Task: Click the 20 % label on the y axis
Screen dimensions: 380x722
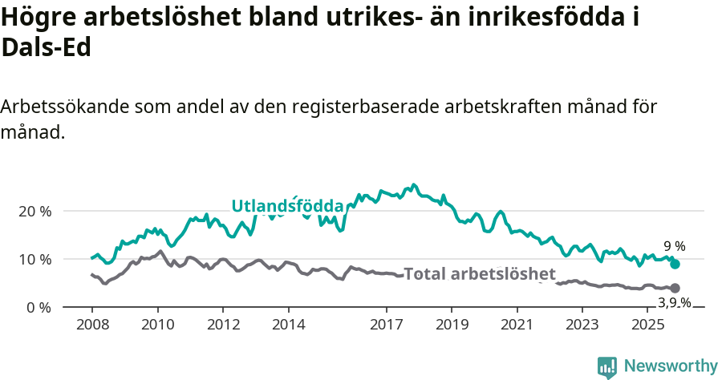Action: tap(34, 211)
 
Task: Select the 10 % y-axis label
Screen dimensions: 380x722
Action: tap(34, 259)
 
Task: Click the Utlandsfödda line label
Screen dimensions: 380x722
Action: tap(287, 206)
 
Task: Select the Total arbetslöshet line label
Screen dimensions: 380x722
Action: tap(480, 274)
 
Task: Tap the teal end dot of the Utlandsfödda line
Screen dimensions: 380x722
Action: tap(675, 264)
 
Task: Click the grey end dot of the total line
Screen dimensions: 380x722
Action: tap(675, 288)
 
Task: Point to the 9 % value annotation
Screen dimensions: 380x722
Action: tap(674, 246)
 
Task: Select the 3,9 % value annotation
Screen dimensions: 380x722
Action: tap(674, 302)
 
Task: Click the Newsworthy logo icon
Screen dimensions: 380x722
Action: tap(607, 366)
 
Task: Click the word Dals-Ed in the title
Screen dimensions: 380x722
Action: tap(47, 48)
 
